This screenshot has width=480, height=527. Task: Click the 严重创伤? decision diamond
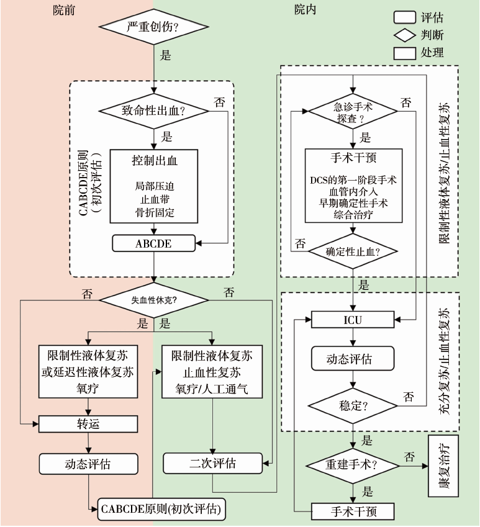153,28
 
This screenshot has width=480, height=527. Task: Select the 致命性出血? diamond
153,112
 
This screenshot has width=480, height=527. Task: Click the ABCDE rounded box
153,244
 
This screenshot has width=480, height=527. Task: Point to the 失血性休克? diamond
153,299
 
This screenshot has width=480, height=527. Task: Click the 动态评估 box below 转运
88,463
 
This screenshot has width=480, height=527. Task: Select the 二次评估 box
212,463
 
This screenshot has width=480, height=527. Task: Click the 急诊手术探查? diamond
353,112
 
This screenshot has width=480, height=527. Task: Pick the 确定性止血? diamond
353,251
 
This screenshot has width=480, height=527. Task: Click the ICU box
353,320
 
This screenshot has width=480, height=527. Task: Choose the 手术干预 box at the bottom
353,511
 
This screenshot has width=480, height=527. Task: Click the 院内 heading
306,9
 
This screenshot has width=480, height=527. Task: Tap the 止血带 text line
153,199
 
